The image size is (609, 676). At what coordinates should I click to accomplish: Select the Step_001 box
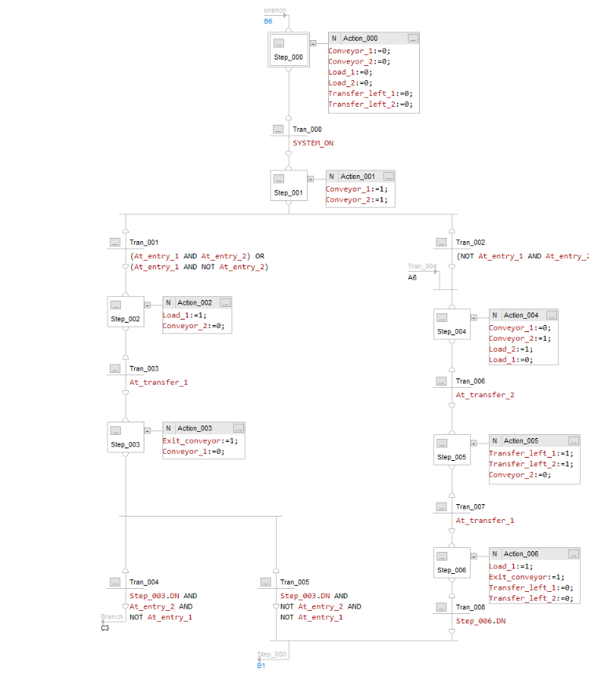tap(288, 186)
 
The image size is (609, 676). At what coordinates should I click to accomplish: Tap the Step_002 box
tap(126, 312)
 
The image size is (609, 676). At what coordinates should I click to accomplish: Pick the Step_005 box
tap(451, 450)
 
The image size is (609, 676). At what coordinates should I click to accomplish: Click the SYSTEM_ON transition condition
tap(313, 143)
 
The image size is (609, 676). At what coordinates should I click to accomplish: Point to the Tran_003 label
tap(144, 368)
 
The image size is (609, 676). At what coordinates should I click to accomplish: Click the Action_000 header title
tap(360, 38)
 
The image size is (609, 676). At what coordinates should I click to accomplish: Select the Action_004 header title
tap(521, 315)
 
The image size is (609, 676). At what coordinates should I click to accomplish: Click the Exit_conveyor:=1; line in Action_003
tap(199, 440)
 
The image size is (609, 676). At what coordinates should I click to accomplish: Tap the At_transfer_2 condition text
tap(485, 395)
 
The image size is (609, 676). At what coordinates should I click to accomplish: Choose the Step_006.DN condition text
tap(481, 621)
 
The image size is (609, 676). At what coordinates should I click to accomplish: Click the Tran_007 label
tap(470, 506)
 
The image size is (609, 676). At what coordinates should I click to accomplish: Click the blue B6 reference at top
tap(268, 21)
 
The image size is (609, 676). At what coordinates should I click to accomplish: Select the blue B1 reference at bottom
tap(262, 665)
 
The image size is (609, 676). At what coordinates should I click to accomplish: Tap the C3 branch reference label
tap(105, 627)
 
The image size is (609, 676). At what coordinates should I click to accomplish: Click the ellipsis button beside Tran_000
tap(279, 130)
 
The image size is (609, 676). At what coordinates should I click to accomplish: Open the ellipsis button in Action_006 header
tap(574, 554)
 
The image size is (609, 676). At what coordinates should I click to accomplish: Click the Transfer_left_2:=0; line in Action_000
tap(370, 104)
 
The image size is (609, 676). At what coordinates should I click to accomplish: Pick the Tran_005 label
tap(294, 582)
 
